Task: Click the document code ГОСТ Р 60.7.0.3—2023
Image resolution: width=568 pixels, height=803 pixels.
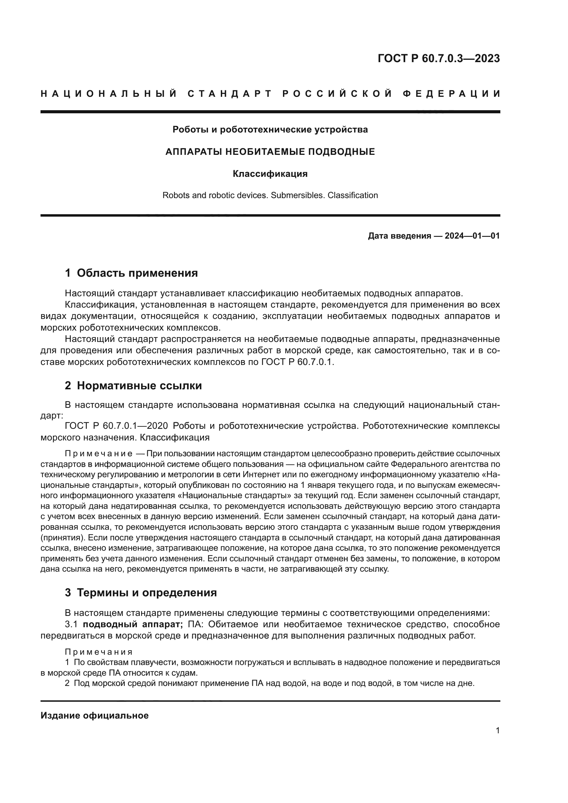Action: pos(439,58)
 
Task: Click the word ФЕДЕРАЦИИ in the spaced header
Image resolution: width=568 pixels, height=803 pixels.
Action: pos(452,94)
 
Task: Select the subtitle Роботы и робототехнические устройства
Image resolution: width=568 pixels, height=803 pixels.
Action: pos(270,130)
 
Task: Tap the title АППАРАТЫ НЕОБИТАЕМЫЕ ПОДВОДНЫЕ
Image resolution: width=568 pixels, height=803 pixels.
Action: pos(270,152)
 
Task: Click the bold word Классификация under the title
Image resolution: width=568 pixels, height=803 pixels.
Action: pos(270,174)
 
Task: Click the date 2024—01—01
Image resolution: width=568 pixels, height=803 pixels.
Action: pos(472,236)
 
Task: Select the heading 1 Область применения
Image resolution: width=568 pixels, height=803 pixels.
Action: pos(131,273)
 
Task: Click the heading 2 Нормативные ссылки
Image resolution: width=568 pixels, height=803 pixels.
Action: pos(133,386)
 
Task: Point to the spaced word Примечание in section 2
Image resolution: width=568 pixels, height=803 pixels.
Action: pos(98,454)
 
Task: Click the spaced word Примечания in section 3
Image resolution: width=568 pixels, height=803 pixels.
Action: pos(98,652)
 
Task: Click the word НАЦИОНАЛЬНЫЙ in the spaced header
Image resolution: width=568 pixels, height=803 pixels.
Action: pos(109,94)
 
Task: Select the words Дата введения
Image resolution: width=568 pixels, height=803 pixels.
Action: pos(399,236)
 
